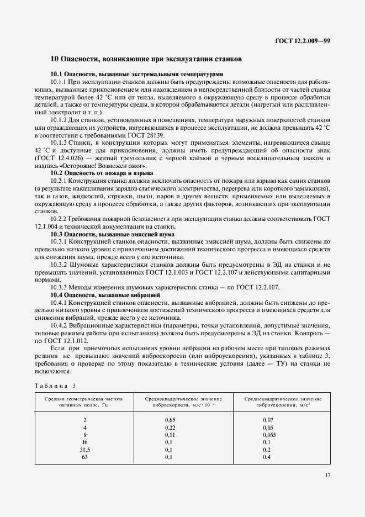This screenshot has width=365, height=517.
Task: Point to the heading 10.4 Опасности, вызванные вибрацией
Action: click(x=105, y=296)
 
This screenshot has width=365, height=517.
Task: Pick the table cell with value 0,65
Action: click(x=171, y=420)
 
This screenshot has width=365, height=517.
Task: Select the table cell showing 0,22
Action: click(x=171, y=428)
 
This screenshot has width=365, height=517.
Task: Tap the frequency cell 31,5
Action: click(x=84, y=450)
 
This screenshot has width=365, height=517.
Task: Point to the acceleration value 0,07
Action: click(x=267, y=420)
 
